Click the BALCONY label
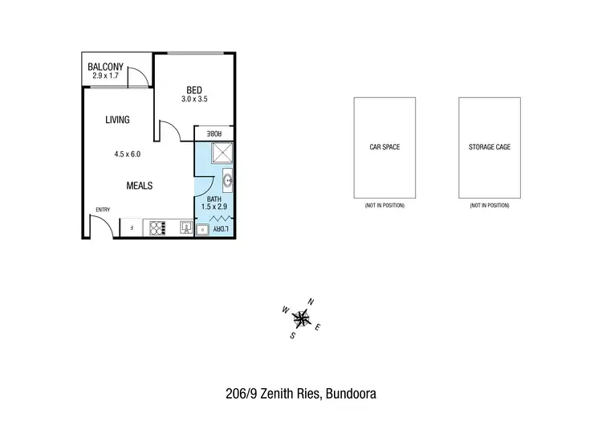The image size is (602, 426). (106, 67)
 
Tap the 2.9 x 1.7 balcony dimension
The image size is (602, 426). (105, 76)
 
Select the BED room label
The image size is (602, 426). (193, 90)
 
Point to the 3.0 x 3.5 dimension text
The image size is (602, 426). (193, 100)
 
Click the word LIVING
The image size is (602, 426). (117, 120)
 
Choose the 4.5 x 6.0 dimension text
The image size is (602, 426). (126, 154)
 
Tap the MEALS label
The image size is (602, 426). (139, 186)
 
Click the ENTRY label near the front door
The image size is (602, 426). (103, 211)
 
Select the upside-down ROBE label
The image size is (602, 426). (214, 133)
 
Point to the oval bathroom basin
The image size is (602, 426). (228, 181)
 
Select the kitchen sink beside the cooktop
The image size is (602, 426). (185, 228)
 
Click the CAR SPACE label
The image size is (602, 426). (384, 148)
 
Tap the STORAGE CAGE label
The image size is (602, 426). (489, 148)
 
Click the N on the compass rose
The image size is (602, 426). (311, 301)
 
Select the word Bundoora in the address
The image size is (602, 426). (352, 394)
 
